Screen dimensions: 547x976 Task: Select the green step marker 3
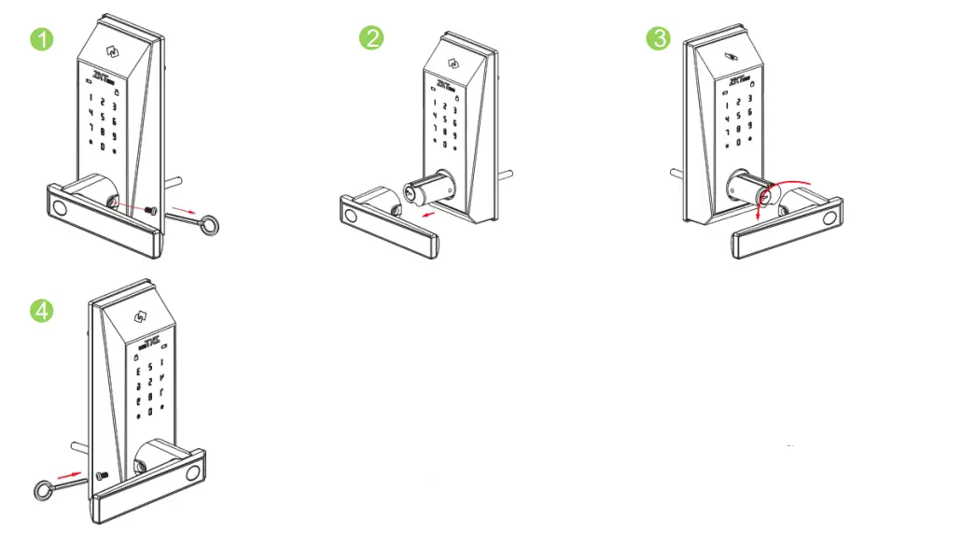pos(658,38)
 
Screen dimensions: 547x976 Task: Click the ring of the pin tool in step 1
pos(214,224)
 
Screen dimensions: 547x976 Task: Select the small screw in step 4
pos(103,477)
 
